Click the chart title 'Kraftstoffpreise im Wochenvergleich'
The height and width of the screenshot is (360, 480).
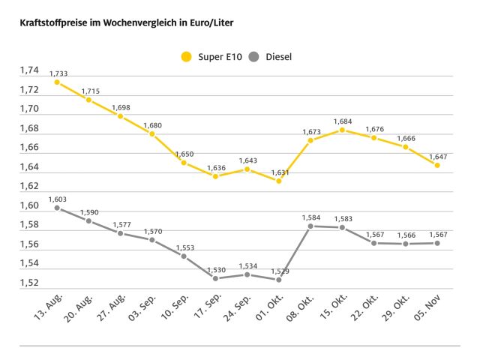(120, 23)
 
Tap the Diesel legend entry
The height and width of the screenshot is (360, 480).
(274, 56)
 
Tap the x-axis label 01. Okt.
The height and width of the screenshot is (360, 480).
(266, 307)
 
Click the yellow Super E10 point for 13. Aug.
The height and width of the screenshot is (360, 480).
(57, 82)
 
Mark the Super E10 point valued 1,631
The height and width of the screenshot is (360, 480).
(279, 181)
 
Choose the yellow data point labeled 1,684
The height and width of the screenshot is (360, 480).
(342, 130)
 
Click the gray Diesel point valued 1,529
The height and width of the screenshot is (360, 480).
(279, 279)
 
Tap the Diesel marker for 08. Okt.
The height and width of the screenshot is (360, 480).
(310, 226)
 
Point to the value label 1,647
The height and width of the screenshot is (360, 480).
(437, 156)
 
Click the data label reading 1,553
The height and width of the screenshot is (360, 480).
(184, 247)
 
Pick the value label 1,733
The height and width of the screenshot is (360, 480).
(58, 73)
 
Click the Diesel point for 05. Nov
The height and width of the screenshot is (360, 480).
(437, 242)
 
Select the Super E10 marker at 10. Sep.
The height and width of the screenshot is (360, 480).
(184, 162)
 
